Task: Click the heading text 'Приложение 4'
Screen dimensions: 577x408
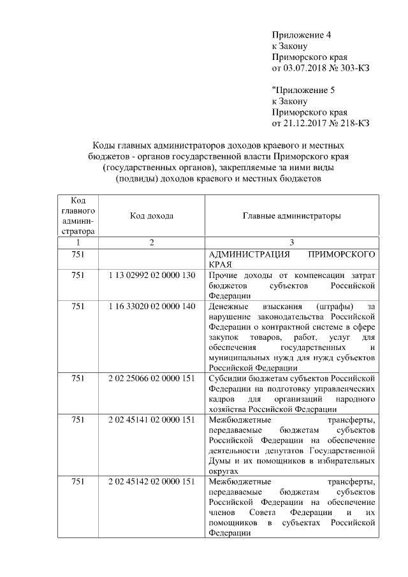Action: point(302,34)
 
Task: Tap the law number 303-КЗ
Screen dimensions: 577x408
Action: point(354,68)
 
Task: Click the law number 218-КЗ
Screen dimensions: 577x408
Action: point(354,123)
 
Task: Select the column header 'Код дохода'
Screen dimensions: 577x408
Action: point(152,216)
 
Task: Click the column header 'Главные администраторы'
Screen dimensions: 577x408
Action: point(291,216)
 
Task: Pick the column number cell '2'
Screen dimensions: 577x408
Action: point(152,242)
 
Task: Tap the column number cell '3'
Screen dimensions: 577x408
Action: point(291,242)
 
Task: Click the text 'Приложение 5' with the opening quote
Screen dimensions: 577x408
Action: point(301,90)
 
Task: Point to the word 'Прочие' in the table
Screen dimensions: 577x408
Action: point(222,275)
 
